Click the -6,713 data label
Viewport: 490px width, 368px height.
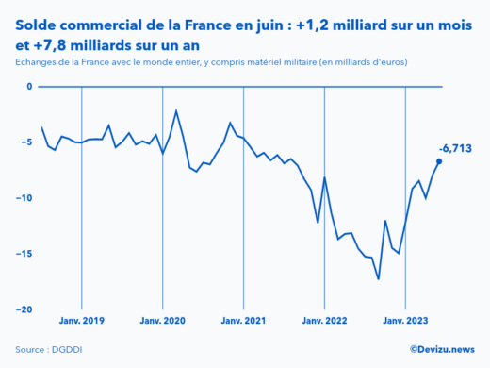[455, 148]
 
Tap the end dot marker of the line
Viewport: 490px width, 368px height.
[439, 161]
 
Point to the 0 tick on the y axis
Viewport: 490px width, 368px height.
[29, 87]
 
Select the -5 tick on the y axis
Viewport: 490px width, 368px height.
[28, 142]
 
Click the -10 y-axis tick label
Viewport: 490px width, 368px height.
[26, 198]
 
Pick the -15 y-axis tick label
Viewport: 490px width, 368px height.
[26, 254]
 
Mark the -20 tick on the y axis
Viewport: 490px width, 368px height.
[26, 309]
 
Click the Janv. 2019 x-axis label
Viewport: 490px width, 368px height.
[81, 321]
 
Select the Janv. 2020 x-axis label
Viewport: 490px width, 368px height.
[162, 321]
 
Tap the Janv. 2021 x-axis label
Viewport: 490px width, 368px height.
[243, 321]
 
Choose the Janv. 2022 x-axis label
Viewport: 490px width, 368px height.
[324, 321]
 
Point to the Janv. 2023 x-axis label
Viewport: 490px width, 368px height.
[405, 321]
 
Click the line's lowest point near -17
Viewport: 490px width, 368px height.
[379, 278]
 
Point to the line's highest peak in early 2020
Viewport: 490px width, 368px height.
[176, 110]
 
